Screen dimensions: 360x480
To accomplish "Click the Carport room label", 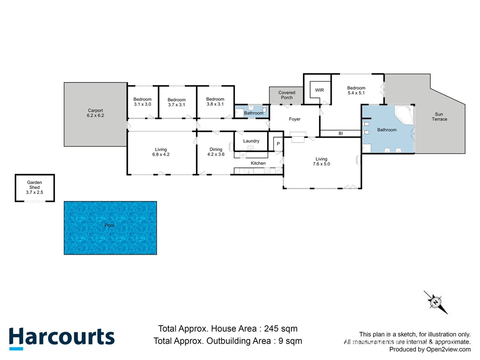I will (95, 113).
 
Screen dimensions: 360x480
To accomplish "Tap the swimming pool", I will (110, 228).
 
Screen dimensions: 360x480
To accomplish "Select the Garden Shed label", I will (35, 187).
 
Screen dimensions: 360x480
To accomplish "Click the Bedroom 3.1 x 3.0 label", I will (142, 102).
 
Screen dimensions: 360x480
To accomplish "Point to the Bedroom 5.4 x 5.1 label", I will (356, 90).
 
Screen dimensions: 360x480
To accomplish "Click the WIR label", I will (319, 90).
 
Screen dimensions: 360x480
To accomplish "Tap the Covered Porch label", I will (287, 95).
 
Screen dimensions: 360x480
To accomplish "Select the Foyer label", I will (295, 119).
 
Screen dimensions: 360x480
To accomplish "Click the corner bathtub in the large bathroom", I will (404, 115).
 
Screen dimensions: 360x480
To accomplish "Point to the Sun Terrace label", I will (439, 117).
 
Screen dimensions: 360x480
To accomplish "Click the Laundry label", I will (251, 141).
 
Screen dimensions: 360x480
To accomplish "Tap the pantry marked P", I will (278, 144).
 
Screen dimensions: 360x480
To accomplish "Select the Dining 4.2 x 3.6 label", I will (216, 152).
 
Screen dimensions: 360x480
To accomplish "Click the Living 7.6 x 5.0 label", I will (321, 161).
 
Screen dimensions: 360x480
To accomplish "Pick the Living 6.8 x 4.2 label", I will (161, 152).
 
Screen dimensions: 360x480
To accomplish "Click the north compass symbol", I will (435, 302).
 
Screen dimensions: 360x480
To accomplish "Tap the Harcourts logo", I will (62, 337).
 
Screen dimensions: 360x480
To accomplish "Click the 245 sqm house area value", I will (281, 329).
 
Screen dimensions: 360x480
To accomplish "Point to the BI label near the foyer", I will (341, 133).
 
